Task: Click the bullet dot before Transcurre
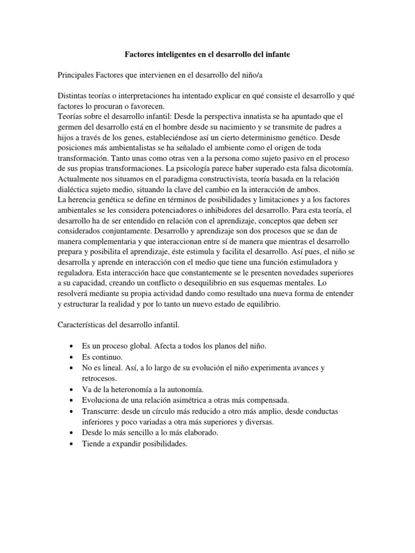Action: (x=72, y=411)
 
